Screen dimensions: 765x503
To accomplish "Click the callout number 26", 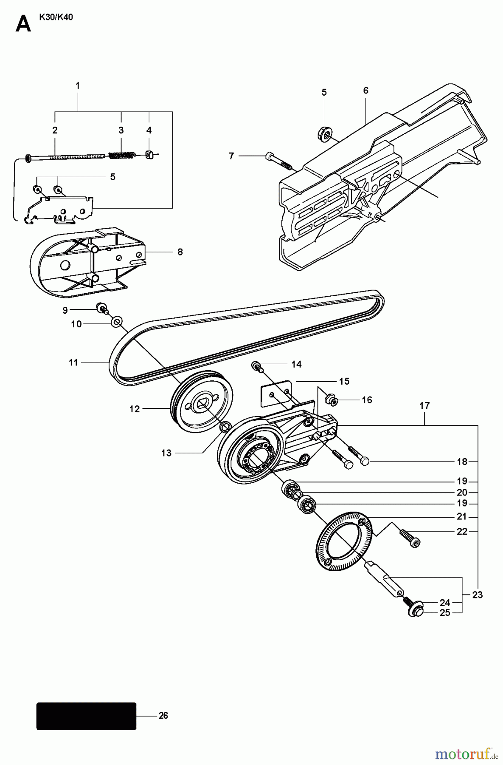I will (x=163, y=716).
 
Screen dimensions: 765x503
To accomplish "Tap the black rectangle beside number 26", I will (x=86, y=716).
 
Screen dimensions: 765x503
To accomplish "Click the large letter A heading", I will (x=23, y=25).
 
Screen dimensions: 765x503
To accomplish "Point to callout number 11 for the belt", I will (x=73, y=363).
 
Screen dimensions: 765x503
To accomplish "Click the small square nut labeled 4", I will (x=149, y=155).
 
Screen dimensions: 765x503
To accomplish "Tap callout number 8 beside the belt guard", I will (x=180, y=252).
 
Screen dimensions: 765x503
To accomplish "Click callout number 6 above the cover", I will (x=365, y=91).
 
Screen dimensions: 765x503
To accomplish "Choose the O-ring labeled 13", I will (x=226, y=425).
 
